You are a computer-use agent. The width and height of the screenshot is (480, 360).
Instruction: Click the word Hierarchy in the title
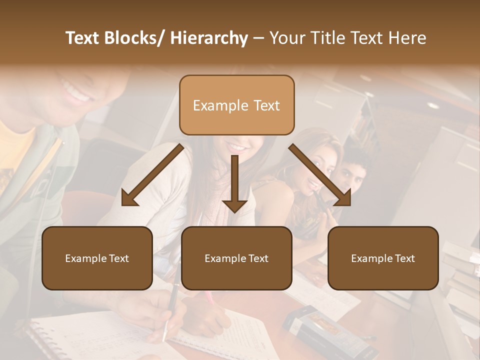point(209,38)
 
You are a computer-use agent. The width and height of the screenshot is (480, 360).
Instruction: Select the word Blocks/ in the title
point(132,38)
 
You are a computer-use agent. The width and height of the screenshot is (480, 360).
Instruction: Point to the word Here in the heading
point(407,38)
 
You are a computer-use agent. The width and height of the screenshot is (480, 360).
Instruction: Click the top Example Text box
point(236,105)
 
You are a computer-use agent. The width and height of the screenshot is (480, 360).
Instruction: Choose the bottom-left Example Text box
point(97,258)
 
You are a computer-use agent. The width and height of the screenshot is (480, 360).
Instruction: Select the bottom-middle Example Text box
point(236,258)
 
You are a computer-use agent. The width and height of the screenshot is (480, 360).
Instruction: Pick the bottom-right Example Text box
point(383,258)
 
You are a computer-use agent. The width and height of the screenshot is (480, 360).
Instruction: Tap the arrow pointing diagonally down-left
point(152,175)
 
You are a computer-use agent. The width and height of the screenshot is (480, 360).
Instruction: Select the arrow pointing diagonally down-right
point(320,175)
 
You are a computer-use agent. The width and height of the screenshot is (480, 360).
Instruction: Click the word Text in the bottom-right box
point(404,258)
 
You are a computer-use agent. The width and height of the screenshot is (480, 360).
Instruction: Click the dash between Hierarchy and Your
point(258,38)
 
